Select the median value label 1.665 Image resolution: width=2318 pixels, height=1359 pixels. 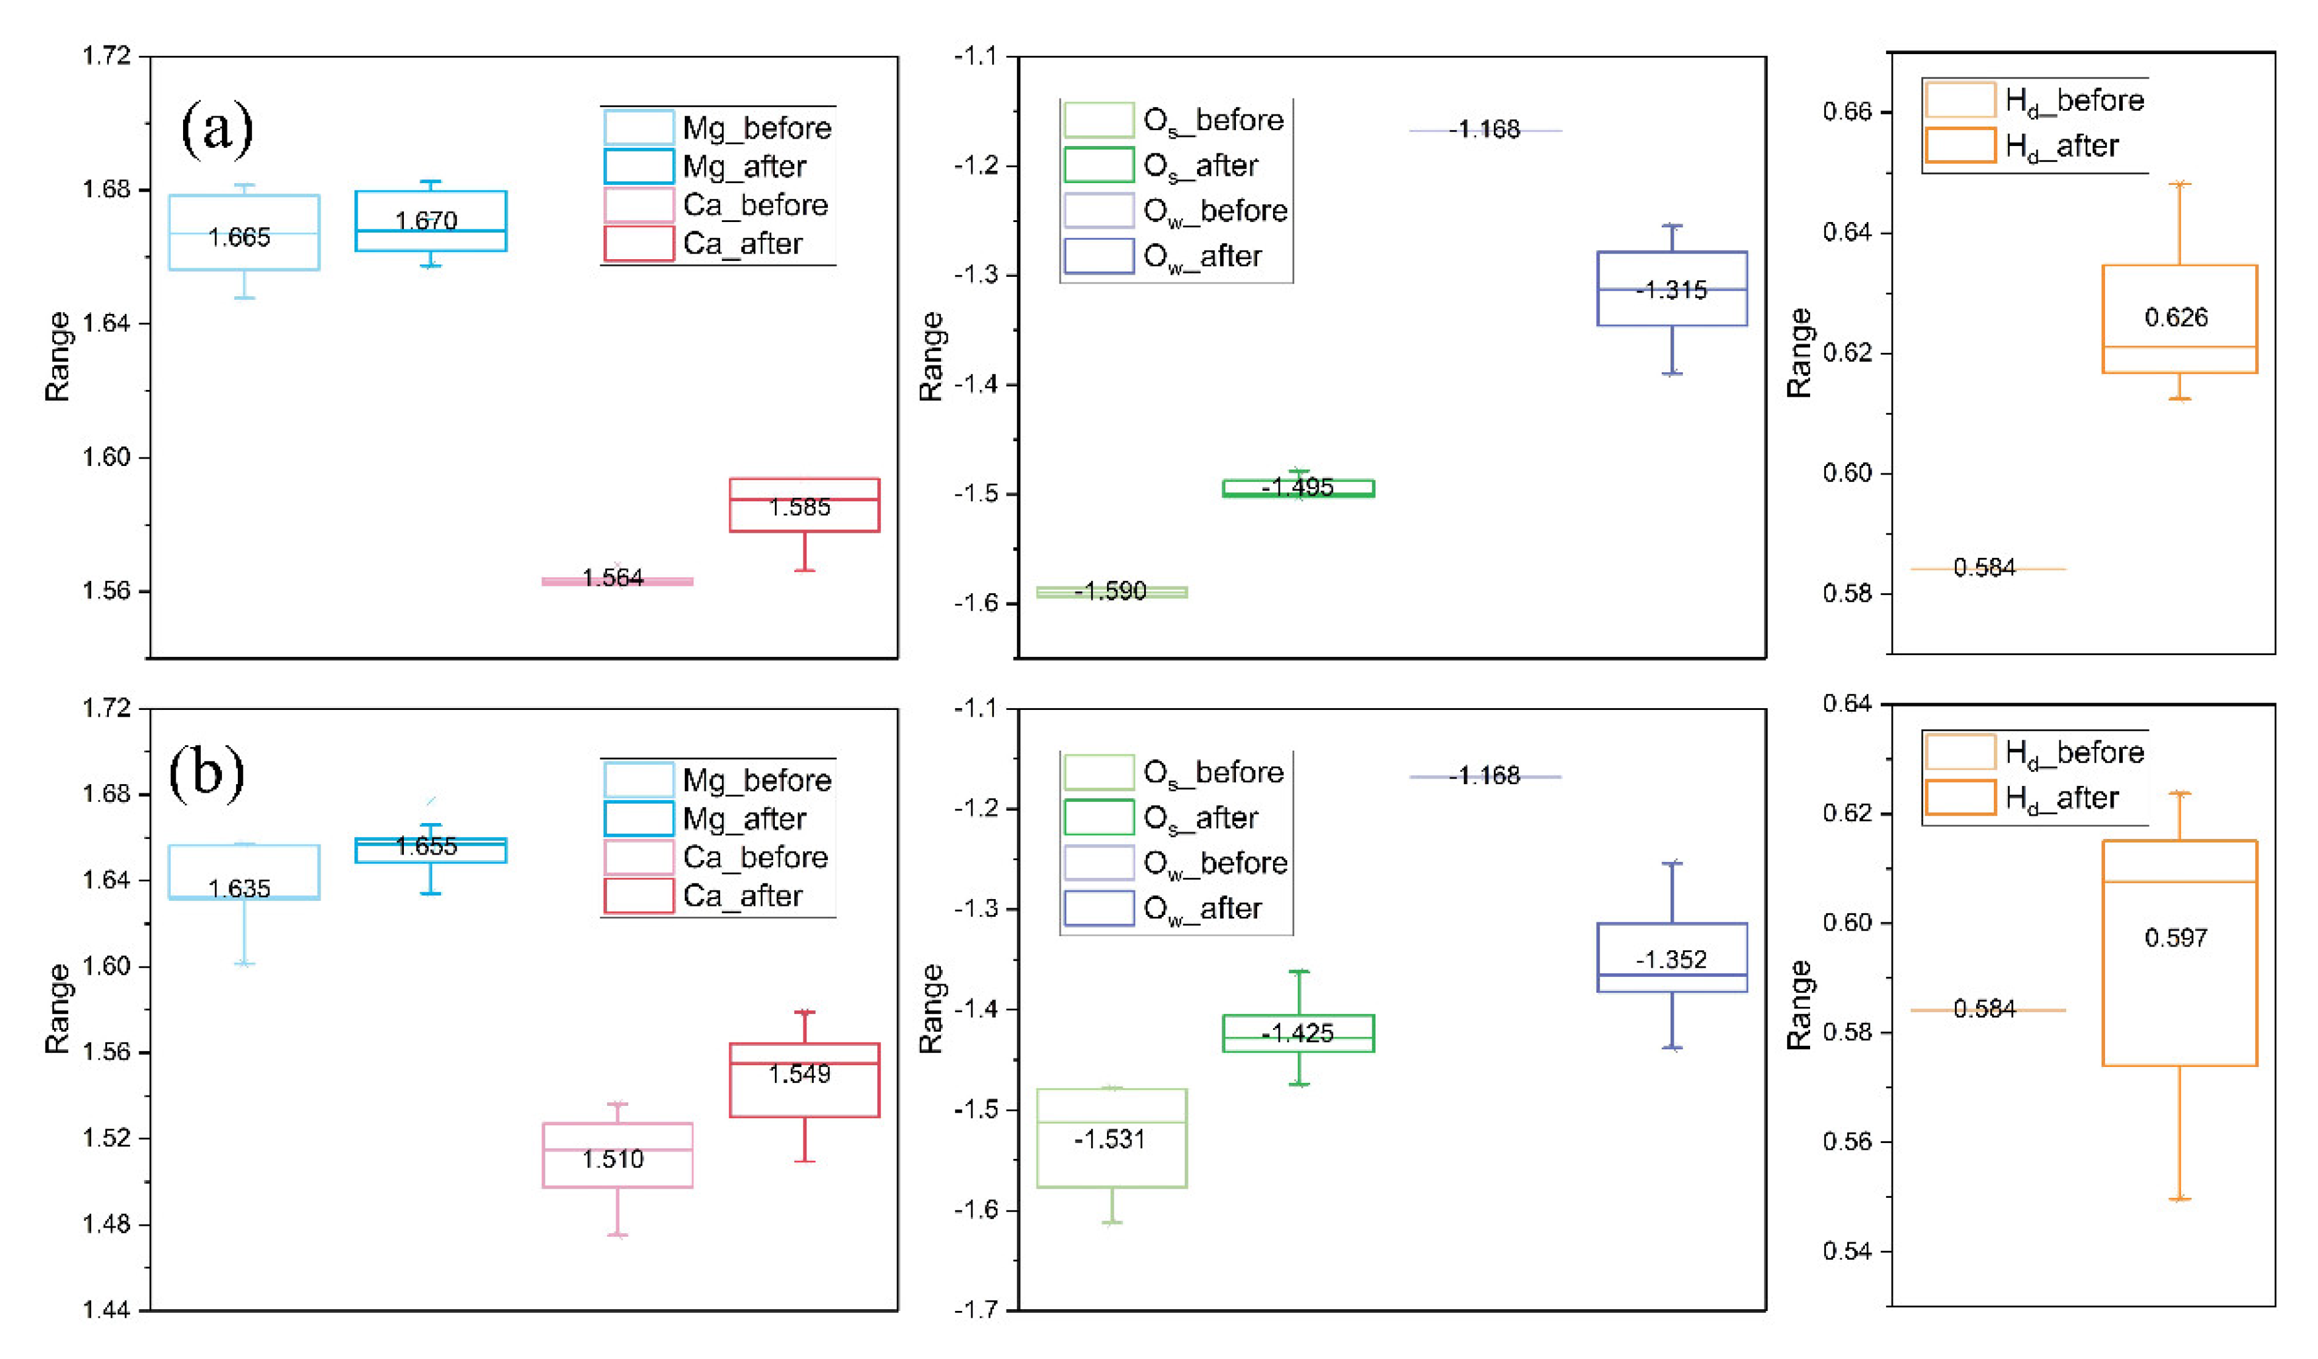tap(239, 237)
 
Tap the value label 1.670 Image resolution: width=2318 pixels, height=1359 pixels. tap(426, 221)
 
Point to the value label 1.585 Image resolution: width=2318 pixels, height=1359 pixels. tap(799, 507)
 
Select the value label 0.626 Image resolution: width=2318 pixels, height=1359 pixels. tap(2176, 318)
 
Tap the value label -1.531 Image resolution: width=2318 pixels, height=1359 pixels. tap(1109, 1139)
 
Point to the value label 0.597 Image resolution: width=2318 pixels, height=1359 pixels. tap(2176, 937)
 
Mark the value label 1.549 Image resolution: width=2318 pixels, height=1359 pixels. tap(799, 1074)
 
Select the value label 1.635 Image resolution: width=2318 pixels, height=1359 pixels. tap(239, 889)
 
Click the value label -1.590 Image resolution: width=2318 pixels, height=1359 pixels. tap(1110, 591)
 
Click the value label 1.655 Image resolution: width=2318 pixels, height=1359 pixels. tap(426, 847)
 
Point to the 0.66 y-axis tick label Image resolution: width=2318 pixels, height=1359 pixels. tap(1847, 113)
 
